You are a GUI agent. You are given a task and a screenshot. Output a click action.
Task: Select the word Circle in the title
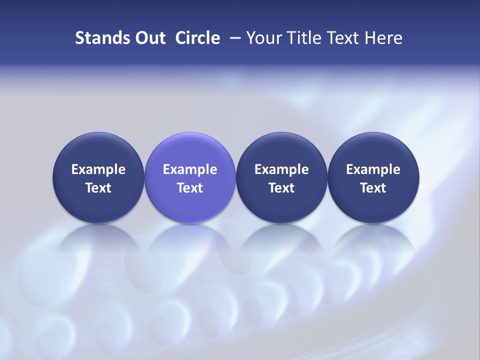pyautogui.click(x=197, y=38)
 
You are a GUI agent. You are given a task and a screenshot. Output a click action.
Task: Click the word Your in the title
pyautogui.click(x=263, y=38)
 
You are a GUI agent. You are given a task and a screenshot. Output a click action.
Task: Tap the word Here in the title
pyautogui.click(x=385, y=38)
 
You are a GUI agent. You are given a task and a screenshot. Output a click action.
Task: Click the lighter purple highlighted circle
pyautogui.click(x=190, y=150)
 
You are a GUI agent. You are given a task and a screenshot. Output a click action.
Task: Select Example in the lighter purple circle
pyautogui.click(x=190, y=169)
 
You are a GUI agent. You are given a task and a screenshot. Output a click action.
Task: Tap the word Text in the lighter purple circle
pyautogui.click(x=190, y=188)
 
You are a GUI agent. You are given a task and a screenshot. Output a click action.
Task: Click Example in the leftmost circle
pyautogui.click(x=98, y=169)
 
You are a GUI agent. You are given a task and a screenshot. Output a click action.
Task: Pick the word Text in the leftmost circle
pyautogui.click(x=98, y=188)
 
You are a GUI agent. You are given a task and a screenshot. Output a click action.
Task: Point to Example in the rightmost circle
pyautogui.click(x=373, y=169)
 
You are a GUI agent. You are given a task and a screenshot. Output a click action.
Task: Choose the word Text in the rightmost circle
pyautogui.click(x=373, y=188)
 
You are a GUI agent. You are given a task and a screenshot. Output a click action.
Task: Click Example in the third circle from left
pyautogui.click(x=281, y=169)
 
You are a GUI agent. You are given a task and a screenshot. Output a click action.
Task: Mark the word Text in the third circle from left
pyautogui.click(x=281, y=188)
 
